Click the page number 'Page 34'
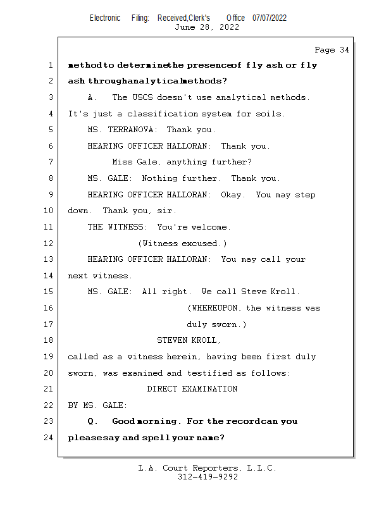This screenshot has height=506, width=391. click(332, 50)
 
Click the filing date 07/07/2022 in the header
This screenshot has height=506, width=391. click(270, 18)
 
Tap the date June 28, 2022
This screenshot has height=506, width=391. click(207, 27)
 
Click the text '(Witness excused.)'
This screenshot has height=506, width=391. click(182, 244)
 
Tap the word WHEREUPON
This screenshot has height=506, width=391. click(216, 308)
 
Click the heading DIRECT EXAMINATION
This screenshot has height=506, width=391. click(192, 389)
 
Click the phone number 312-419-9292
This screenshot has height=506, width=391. click(208, 478)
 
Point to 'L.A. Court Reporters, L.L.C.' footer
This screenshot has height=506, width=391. click(207, 469)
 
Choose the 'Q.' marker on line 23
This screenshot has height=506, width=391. click(92, 421)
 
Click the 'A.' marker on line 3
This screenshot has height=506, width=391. click(92, 98)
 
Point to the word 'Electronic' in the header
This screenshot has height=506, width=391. click(105, 18)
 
